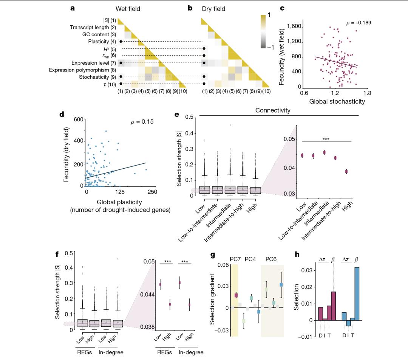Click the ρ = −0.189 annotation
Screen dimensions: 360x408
359,23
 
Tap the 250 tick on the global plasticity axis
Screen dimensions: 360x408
152,192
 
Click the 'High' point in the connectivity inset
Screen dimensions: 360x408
346,171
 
